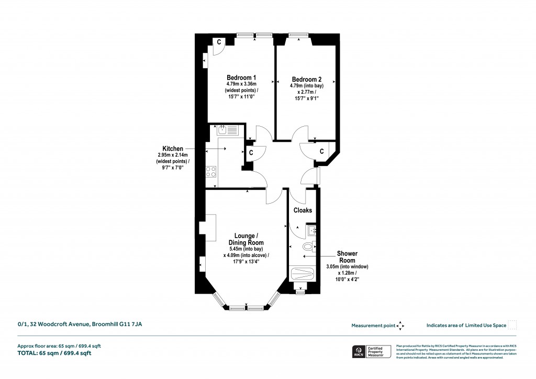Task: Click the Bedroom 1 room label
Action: (237, 77)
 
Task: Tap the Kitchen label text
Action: (173, 149)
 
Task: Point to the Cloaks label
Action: (303, 210)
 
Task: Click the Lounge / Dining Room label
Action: (245, 239)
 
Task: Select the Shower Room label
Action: (347, 257)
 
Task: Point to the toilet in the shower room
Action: (308, 246)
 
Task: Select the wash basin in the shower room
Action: (312, 230)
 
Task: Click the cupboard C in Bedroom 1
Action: (218, 42)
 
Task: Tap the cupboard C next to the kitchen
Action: (251, 153)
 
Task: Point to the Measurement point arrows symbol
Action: (400, 326)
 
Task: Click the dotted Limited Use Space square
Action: (512, 325)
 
